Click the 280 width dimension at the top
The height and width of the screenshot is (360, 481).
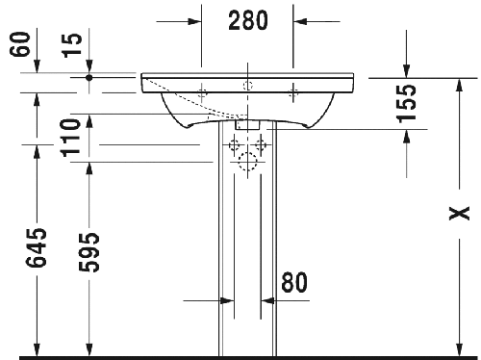[x=247, y=20]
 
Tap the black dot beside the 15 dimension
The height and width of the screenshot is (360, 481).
[x=89, y=74]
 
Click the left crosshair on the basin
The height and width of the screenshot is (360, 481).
[x=202, y=91]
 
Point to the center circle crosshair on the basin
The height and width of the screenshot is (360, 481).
[x=247, y=86]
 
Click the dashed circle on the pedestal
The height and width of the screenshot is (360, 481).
[x=247, y=164]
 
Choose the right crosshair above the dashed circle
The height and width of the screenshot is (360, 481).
[x=262, y=147]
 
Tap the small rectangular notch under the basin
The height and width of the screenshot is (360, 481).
[x=247, y=123]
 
